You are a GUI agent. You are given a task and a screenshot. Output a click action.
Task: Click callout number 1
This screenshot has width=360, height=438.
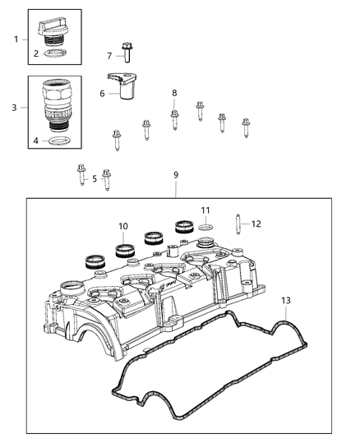(x=16, y=39)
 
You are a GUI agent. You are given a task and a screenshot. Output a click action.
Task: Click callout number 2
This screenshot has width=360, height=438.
(x=35, y=53)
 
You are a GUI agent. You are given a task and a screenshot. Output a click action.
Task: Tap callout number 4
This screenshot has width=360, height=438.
(x=35, y=141)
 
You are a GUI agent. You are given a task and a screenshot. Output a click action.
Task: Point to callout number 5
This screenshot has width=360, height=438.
(x=94, y=178)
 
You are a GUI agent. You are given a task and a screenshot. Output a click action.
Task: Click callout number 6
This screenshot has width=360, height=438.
(x=102, y=94)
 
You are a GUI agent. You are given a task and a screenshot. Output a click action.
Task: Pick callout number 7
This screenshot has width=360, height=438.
(x=108, y=56)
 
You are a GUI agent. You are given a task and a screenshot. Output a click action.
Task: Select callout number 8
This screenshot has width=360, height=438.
(x=173, y=93)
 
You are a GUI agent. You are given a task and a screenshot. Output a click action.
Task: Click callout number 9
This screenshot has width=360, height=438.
(x=174, y=174)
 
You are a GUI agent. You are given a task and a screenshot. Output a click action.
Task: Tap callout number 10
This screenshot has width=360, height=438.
(x=122, y=225)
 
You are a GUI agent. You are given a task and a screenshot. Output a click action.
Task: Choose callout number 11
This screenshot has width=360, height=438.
(x=206, y=210)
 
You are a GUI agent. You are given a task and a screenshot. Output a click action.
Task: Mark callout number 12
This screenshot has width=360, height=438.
(x=256, y=223)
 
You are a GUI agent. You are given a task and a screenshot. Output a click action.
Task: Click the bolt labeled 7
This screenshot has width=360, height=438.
(x=126, y=53)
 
